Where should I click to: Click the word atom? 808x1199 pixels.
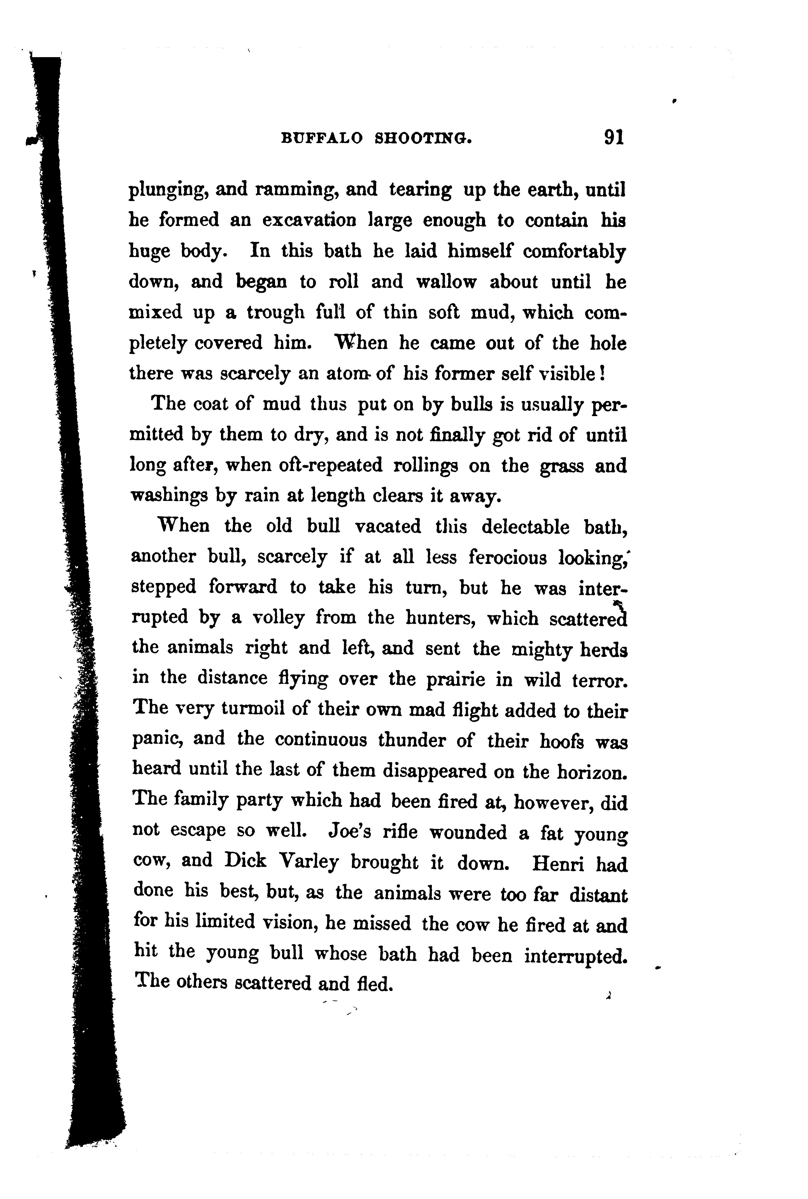(x=347, y=374)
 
